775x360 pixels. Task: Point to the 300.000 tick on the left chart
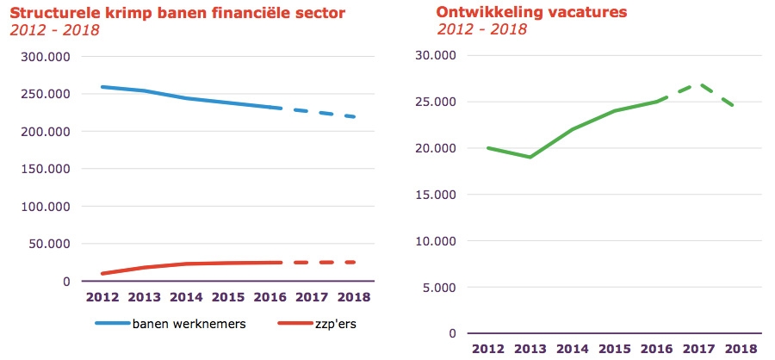click(45, 57)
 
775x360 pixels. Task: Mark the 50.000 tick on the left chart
click(48, 244)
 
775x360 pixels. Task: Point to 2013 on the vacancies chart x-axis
click(530, 348)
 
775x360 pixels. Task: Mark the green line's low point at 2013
click(530, 157)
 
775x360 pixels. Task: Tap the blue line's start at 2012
click(103, 87)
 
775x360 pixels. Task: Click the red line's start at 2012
click(103, 274)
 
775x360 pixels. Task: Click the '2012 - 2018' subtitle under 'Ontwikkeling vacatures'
click(482, 30)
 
